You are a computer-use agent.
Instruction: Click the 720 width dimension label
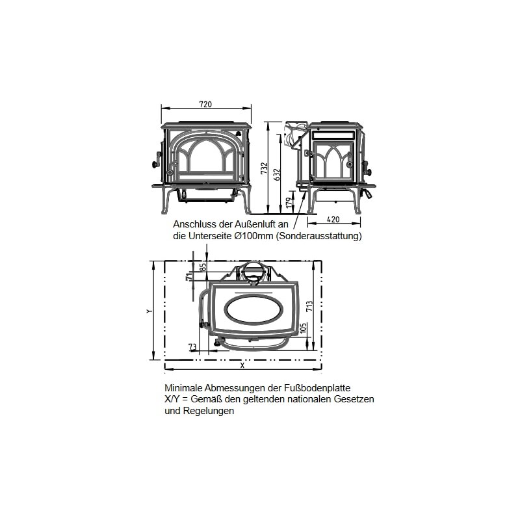click(x=205, y=104)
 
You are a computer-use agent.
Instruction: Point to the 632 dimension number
click(x=277, y=174)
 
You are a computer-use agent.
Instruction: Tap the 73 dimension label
click(x=192, y=346)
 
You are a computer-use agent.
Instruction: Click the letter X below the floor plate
click(x=242, y=365)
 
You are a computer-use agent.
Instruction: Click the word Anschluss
click(x=192, y=224)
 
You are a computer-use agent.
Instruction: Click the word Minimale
click(x=183, y=388)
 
